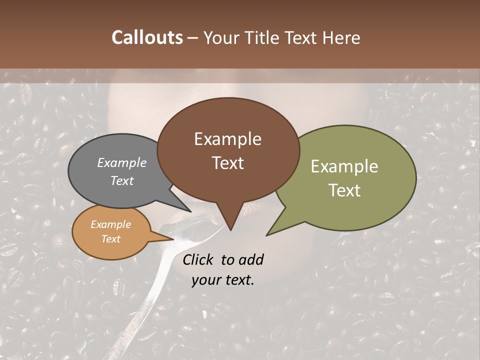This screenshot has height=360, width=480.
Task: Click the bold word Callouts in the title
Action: pyautogui.click(x=147, y=37)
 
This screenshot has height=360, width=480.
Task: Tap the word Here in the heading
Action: pyautogui.click(x=341, y=37)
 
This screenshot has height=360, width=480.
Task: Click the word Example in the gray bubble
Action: pyautogui.click(x=122, y=162)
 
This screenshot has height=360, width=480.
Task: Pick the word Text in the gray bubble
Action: pyautogui.click(x=122, y=180)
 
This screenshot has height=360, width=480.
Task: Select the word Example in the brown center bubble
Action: pyautogui.click(x=227, y=139)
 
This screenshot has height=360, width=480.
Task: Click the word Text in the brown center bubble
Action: pyautogui.click(x=227, y=162)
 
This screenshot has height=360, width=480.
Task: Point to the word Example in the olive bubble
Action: pyautogui.click(x=344, y=166)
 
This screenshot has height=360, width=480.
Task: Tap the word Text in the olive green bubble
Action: pyautogui.click(x=344, y=190)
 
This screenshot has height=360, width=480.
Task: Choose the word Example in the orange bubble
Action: pyautogui.click(x=110, y=224)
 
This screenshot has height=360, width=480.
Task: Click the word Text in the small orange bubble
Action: pyautogui.click(x=110, y=239)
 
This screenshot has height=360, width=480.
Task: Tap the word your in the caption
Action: pyautogui.click(x=205, y=280)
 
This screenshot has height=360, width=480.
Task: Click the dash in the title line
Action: pyautogui.click(x=193, y=37)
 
